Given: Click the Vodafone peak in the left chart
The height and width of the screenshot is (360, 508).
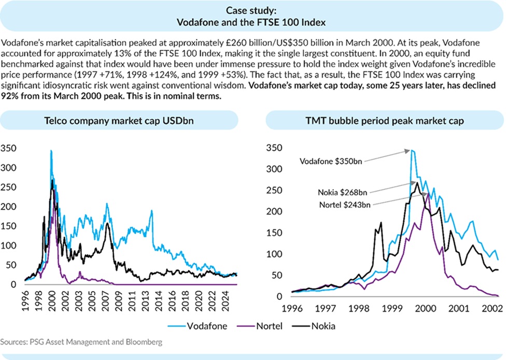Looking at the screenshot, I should (x=51, y=151).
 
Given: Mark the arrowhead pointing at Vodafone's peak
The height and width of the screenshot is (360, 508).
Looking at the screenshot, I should (x=408, y=152).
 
